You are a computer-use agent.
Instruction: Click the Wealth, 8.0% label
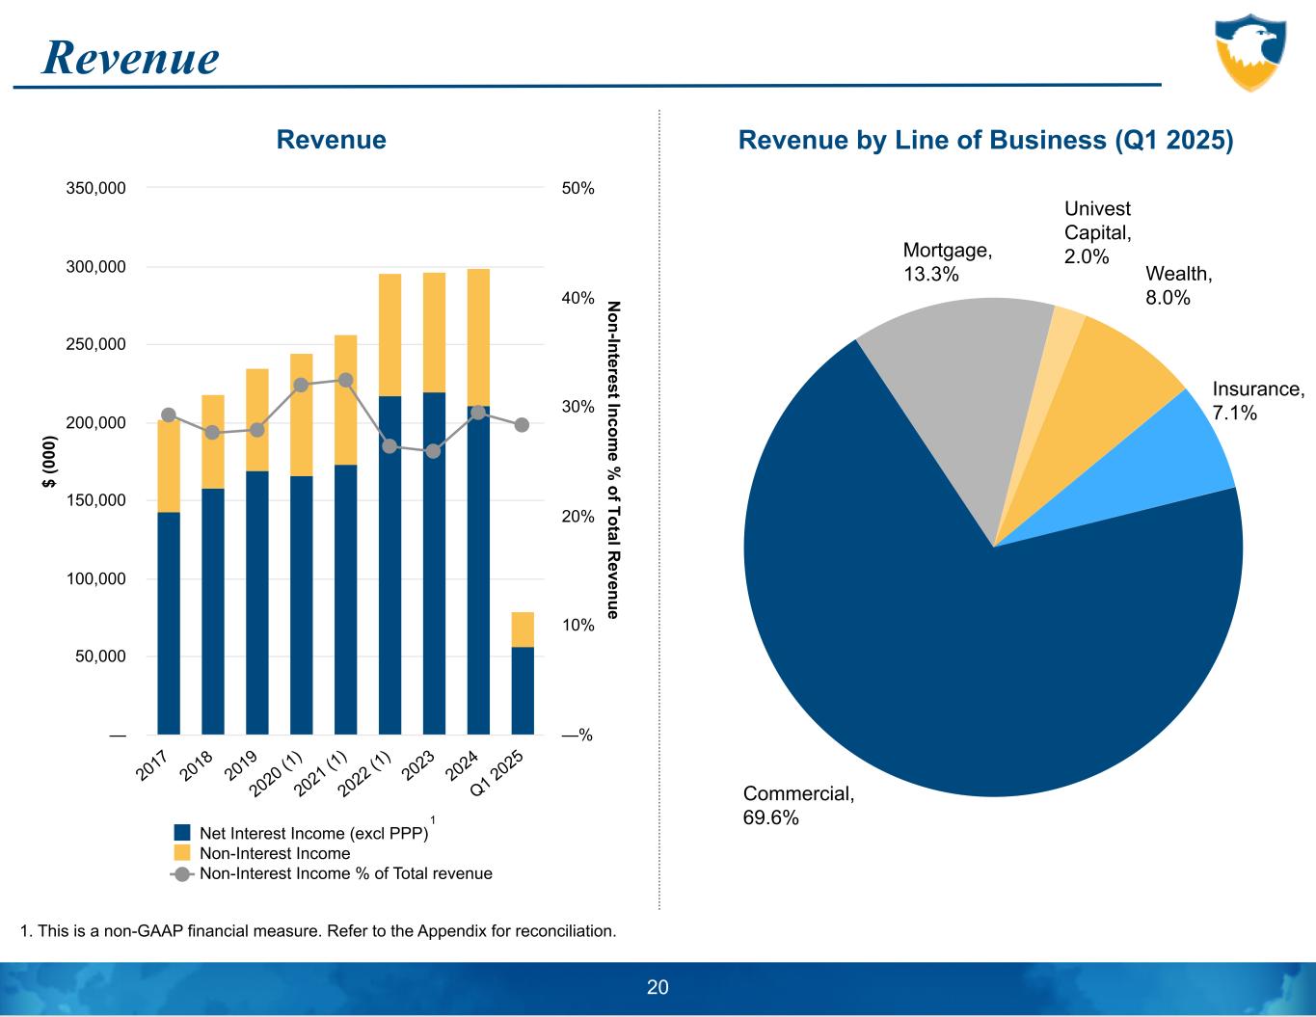coord(1178,285)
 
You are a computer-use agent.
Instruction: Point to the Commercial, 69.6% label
coord(798,806)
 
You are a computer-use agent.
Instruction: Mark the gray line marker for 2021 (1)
coord(345,380)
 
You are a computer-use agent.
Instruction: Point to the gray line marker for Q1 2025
coord(523,424)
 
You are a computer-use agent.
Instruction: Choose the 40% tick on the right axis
coord(577,298)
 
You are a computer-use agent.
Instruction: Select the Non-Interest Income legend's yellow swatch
coord(182,853)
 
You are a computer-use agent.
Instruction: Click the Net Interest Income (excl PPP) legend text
coord(313,833)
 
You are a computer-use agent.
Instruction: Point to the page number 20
coord(658,987)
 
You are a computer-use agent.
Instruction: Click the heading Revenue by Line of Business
coord(985,140)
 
